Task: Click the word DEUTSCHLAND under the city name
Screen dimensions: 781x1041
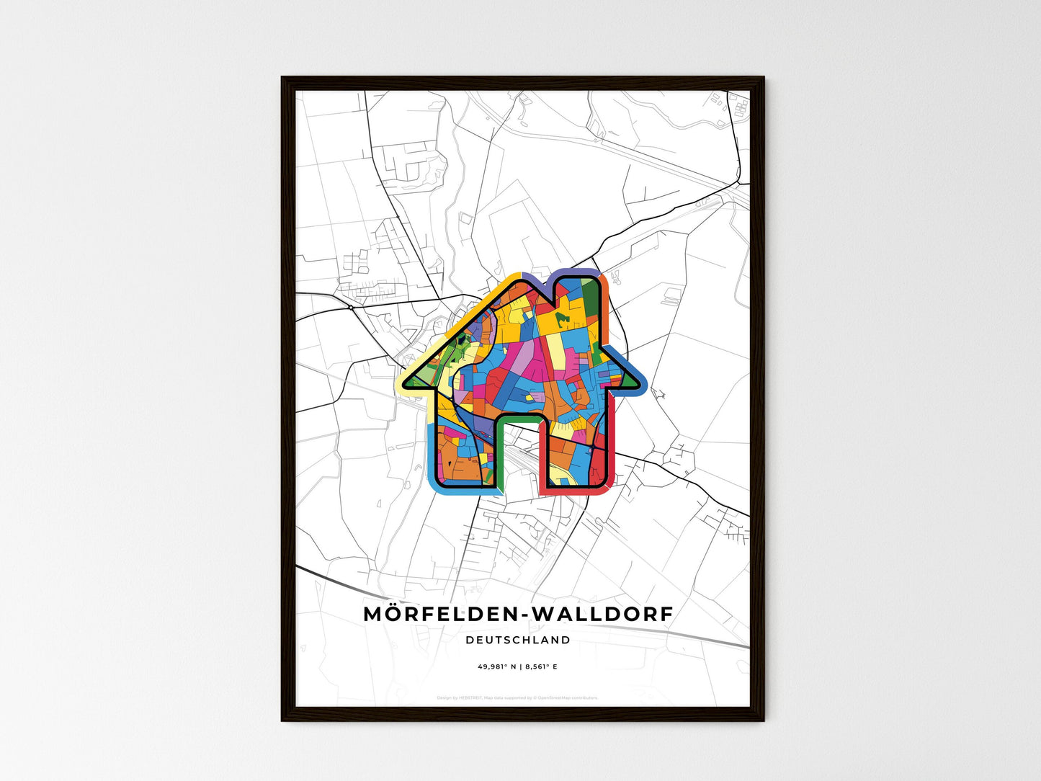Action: coord(517,640)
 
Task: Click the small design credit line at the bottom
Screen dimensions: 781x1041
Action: coord(517,697)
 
